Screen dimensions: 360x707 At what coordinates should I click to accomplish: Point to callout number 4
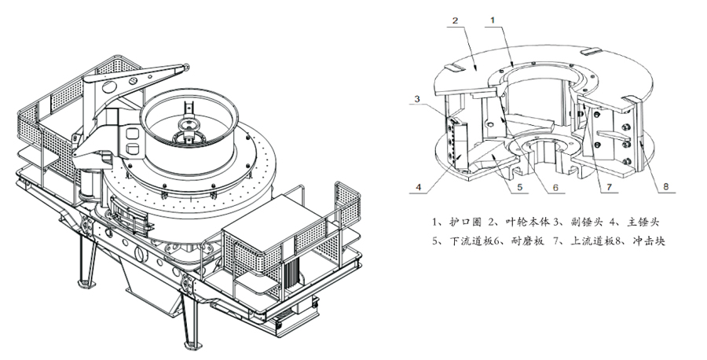click(x=419, y=186)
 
